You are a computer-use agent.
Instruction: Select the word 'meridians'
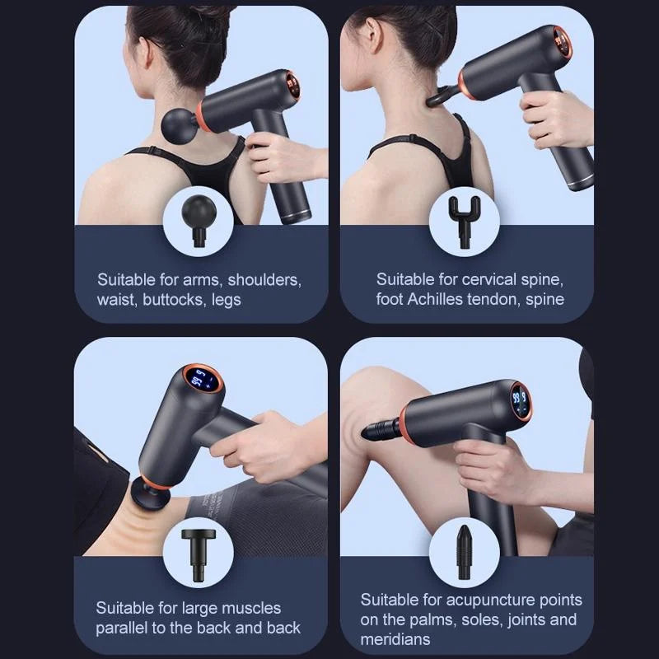[x=395, y=639]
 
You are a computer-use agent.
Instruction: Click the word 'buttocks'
[x=172, y=299]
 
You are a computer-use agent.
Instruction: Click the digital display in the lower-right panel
[x=519, y=402]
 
